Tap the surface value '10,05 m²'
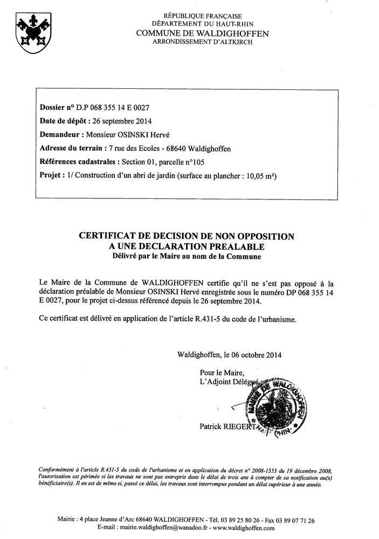(x=261, y=176)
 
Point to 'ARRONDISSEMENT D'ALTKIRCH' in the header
(x=202, y=42)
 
